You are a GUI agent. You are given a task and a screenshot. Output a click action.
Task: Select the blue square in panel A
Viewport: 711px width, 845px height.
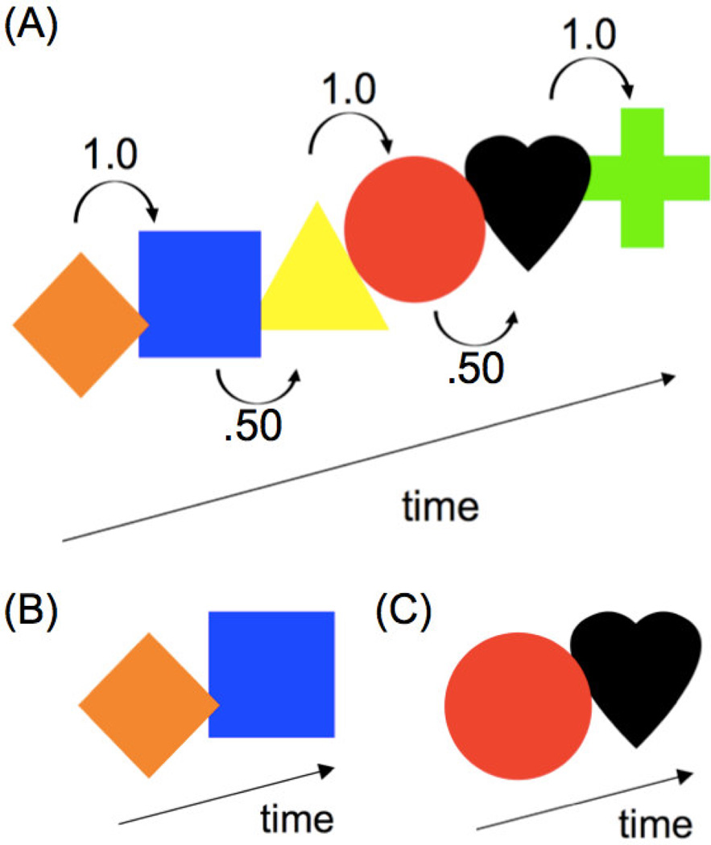pyautogui.click(x=200, y=294)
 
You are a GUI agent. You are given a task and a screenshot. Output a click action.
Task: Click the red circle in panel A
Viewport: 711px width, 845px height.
pyautogui.click(x=414, y=229)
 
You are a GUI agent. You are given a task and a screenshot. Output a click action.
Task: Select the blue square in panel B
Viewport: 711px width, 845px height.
pyautogui.click(x=271, y=674)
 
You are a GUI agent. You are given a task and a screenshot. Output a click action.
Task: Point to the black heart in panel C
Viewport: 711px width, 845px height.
pyautogui.click(x=636, y=672)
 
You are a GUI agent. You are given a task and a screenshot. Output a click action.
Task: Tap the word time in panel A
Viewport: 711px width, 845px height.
pyautogui.click(x=440, y=508)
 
